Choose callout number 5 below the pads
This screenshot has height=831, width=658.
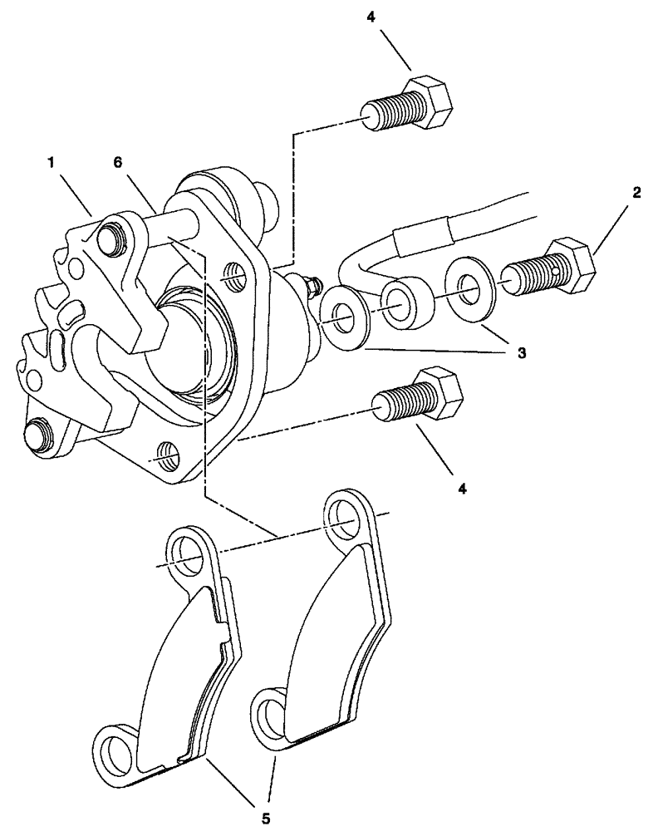click(265, 818)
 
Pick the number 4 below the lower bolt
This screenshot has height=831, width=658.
click(463, 489)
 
